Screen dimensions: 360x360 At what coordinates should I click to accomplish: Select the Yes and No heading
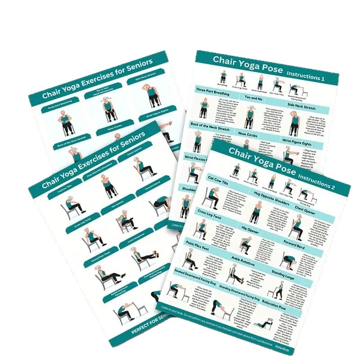point(255,98)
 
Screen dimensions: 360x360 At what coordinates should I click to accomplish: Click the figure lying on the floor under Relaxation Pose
point(263,322)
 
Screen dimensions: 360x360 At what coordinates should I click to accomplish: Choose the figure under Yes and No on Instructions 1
point(249,117)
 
